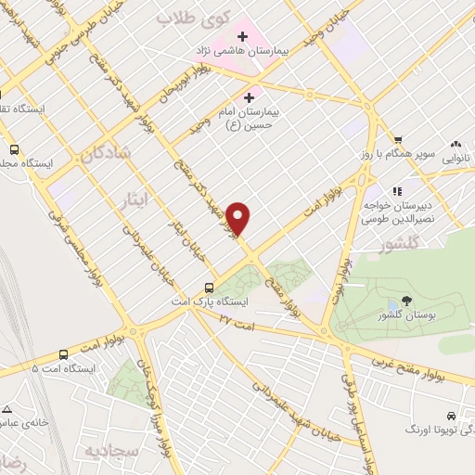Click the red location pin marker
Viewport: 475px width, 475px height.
(x=239, y=218)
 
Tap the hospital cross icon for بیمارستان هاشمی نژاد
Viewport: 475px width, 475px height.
(x=243, y=37)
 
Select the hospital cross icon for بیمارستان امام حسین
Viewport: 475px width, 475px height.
(x=249, y=96)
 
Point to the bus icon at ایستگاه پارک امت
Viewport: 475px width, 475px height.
(x=211, y=288)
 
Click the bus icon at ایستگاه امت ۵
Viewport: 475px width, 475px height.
(x=63, y=354)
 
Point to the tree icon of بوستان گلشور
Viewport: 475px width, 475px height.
(x=392, y=304)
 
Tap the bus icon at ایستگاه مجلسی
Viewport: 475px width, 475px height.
(x=14, y=148)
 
